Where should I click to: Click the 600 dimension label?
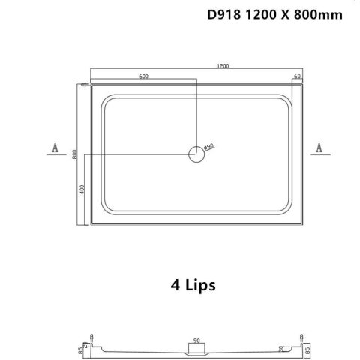(142, 76)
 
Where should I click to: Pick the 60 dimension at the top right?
(298, 76)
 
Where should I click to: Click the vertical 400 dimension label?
(82, 192)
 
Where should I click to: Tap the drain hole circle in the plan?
(196, 155)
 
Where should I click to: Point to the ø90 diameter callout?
(209, 145)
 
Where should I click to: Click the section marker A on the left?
(55, 148)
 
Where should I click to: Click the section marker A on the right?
(319, 148)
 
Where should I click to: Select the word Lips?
(198, 286)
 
